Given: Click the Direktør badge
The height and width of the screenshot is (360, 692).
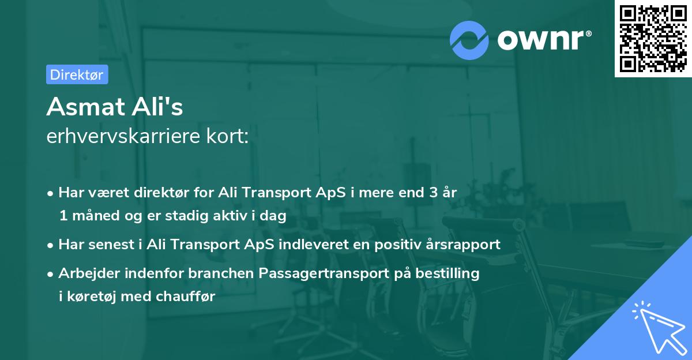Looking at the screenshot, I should click(x=77, y=74).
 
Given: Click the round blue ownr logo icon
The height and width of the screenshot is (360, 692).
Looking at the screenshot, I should click(x=469, y=39).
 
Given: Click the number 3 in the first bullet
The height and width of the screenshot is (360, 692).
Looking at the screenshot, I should click(x=432, y=193).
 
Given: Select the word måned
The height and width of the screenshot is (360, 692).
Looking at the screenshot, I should click(x=91, y=216).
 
